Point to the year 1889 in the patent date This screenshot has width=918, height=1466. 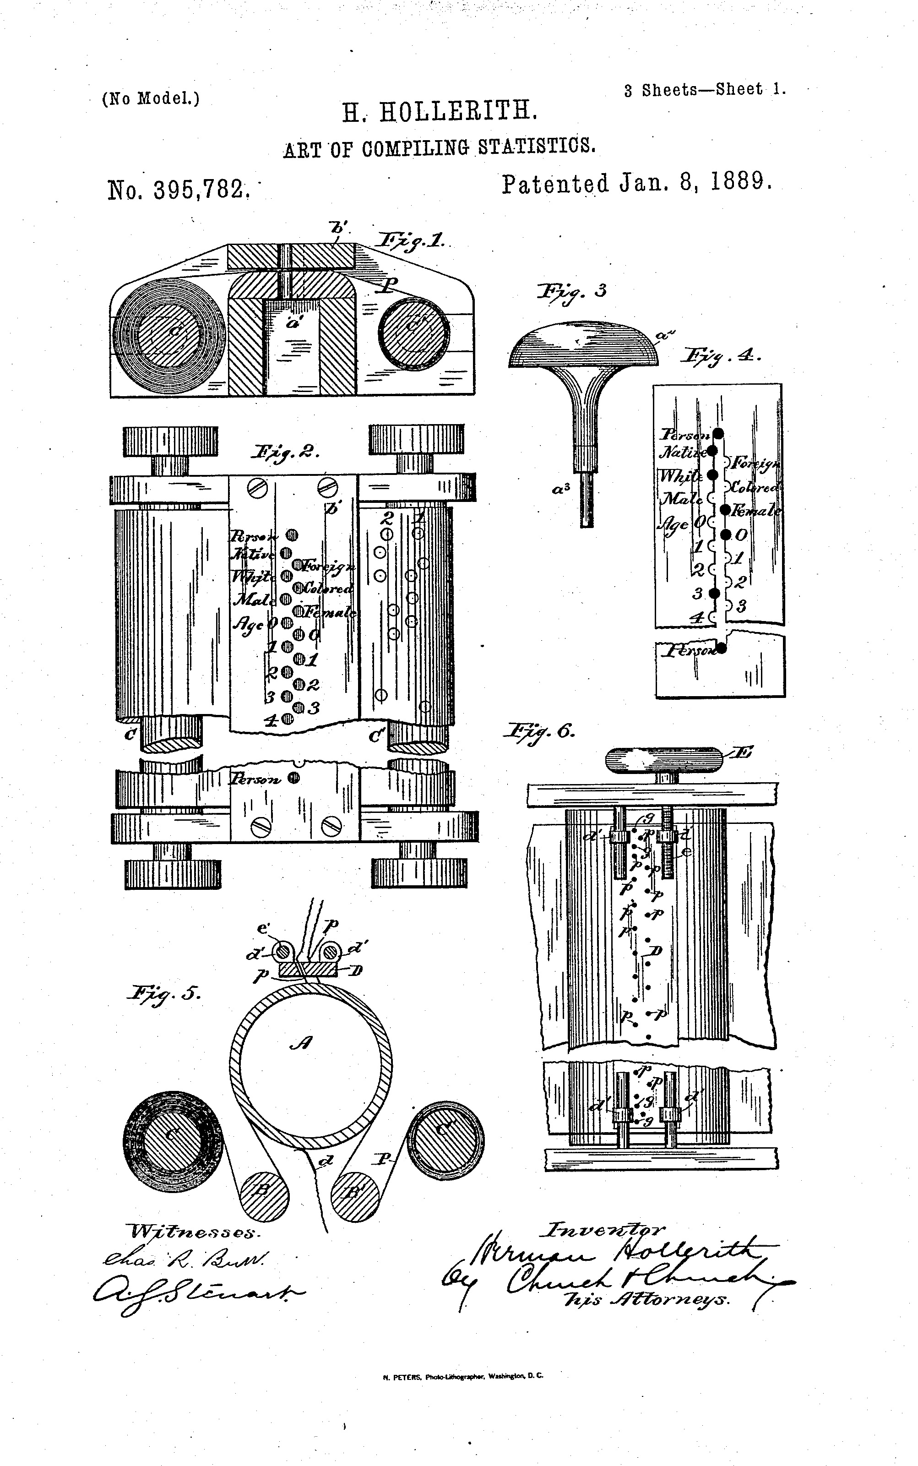(x=741, y=182)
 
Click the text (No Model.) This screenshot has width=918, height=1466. (x=151, y=98)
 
